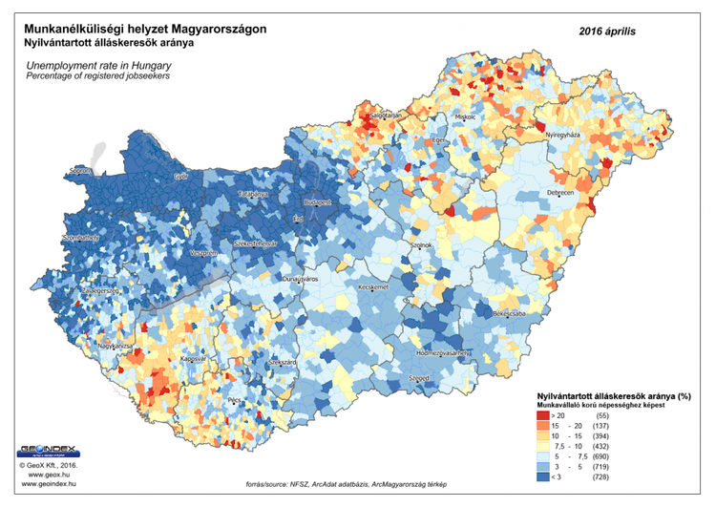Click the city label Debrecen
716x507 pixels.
point(560,193)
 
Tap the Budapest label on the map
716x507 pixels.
point(317,202)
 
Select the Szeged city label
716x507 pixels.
point(417,379)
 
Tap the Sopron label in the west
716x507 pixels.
point(74,172)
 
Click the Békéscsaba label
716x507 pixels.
point(507,311)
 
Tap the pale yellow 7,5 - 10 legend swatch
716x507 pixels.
point(543,447)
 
